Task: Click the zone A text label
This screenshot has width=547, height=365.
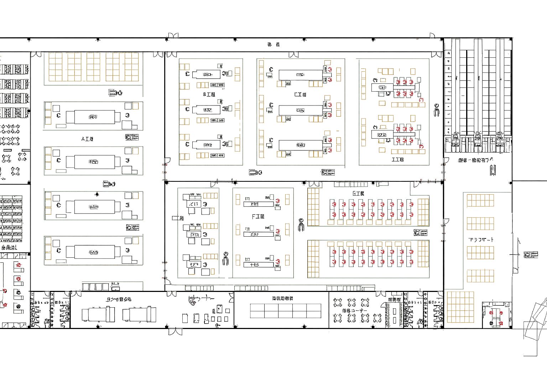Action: pos(87,139)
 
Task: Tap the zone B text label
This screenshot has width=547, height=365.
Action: pos(209,94)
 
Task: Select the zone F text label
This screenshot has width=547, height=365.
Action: pos(258,217)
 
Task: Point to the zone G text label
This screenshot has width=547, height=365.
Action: pos(358,194)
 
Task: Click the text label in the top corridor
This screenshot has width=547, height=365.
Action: pos(273,45)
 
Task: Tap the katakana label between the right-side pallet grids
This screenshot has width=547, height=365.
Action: pos(481,240)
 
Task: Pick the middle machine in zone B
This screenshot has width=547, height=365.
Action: pos(207,110)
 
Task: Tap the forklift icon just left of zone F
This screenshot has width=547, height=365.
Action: pos(225,258)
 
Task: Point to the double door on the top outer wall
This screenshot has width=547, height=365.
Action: pos(173,36)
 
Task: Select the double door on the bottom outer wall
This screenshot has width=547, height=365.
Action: pos(175,331)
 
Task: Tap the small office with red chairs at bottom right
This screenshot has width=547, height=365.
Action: pos(496,315)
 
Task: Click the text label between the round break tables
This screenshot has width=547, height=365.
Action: pos(355,311)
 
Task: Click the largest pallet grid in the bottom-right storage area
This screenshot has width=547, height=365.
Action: pos(460,307)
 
